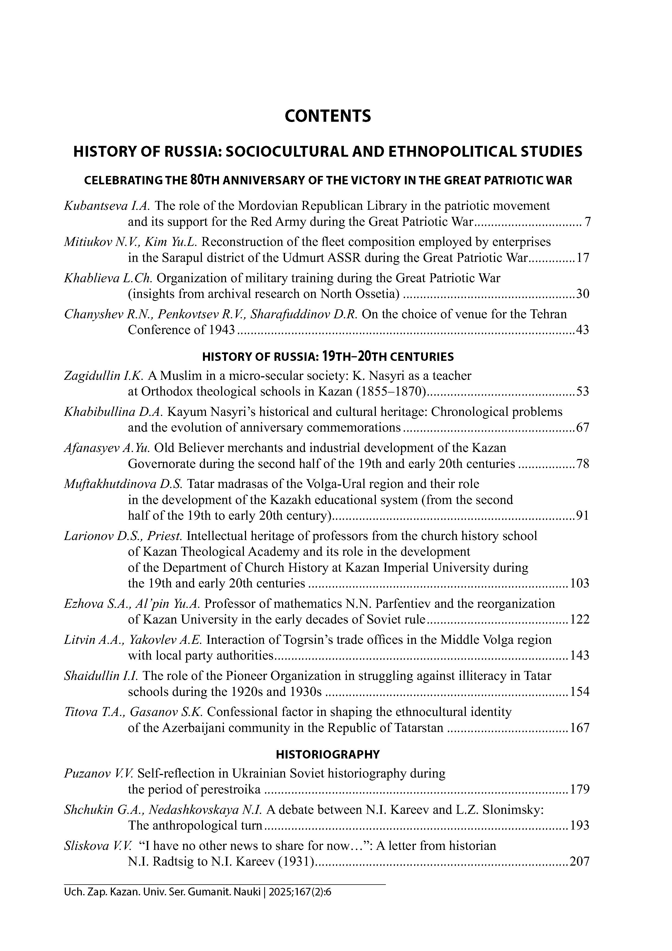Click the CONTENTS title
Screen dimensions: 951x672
click(328, 116)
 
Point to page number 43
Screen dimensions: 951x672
click(583, 330)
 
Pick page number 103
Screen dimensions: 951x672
click(579, 584)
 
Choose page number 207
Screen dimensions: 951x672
click(579, 862)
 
